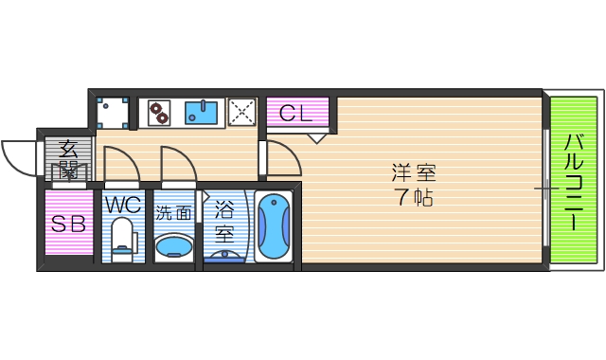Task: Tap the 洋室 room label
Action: click(414, 173)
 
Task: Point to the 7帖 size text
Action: click(414, 199)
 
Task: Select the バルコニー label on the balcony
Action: click(574, 182)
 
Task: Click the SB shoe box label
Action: click(68, 225)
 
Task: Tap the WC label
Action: click(123, 205)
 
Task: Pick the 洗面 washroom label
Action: click(173, 213)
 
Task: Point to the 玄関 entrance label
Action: click(68, 158)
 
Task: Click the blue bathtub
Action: click(273, 226)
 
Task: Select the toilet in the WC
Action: click(123, 238)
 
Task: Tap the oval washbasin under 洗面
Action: click(173, 247)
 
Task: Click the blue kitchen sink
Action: click(202, 113)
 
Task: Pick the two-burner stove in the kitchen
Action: click(158, 113)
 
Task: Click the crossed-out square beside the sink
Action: click(242, 113)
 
